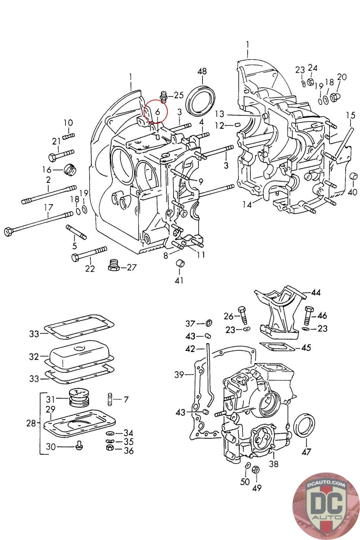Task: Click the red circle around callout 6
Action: click(156, 111)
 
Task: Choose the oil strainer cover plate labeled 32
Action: click(80, 356)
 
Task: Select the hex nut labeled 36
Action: click(110, 448)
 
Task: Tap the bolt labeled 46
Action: click(309, 314)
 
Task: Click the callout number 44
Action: click(315, 292)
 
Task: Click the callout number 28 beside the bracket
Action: click(31, 423)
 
